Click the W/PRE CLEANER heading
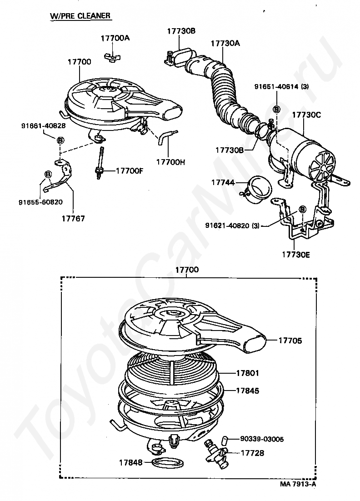tap(80, 16)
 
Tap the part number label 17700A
tap(115, 38)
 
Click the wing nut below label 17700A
tap(110, 57)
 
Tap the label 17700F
tap(130, 171)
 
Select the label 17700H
tap(171, 161)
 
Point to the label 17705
tap(290, 340)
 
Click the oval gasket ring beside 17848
tap(167, 463)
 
